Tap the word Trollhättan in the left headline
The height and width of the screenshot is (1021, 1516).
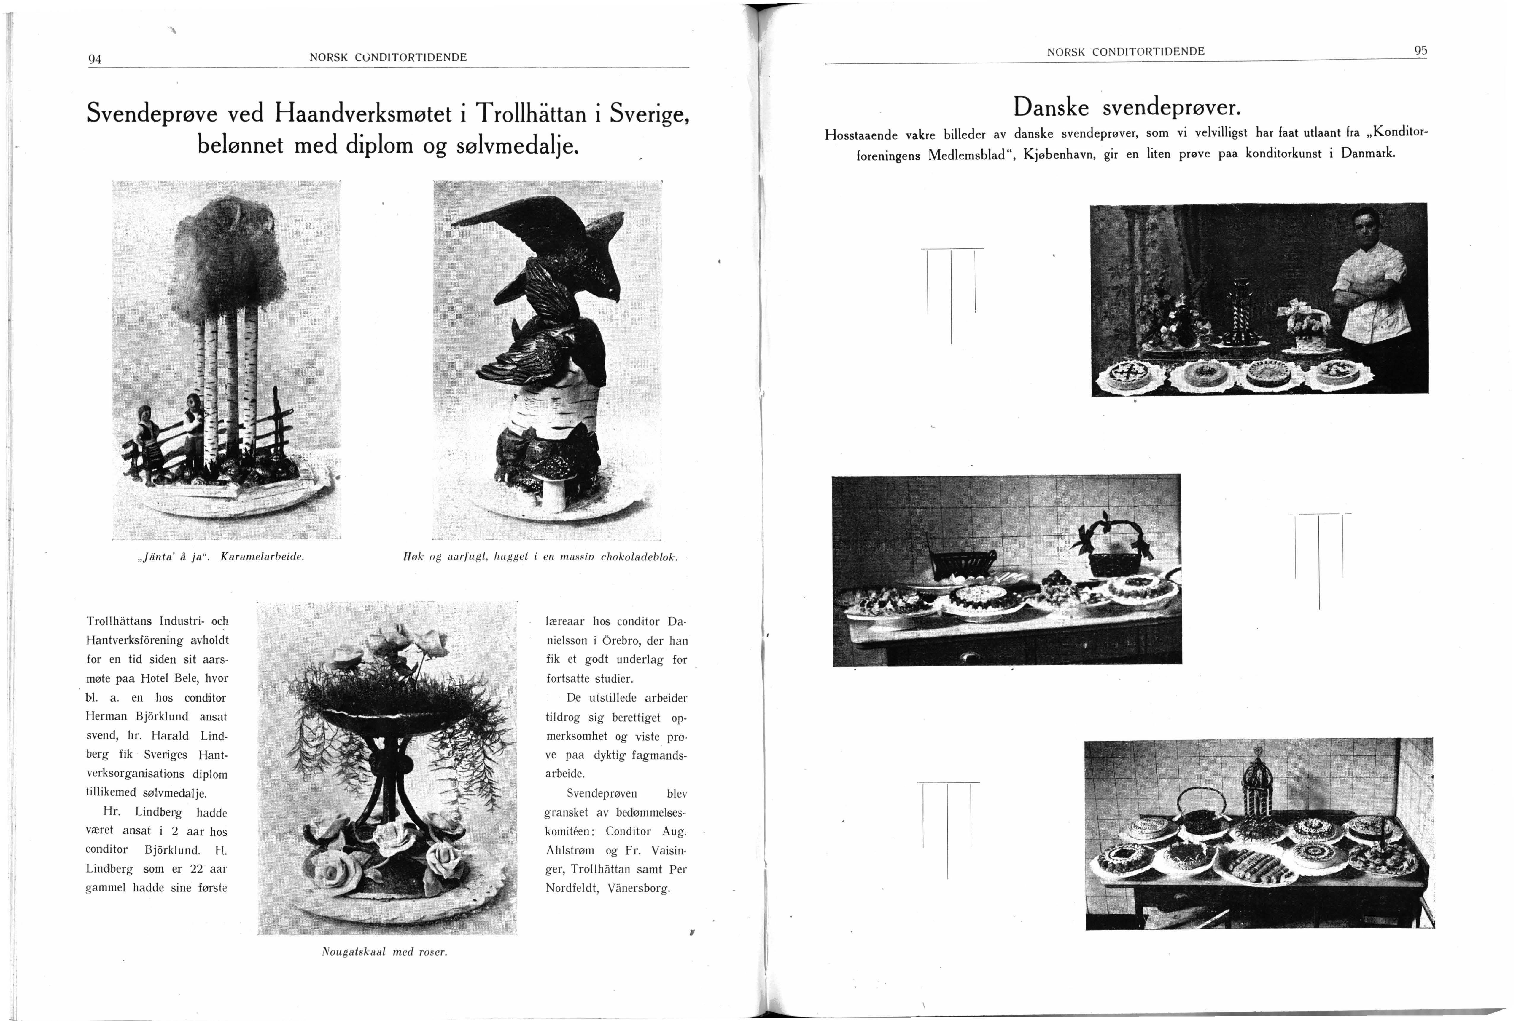click(x=531, y=114)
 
